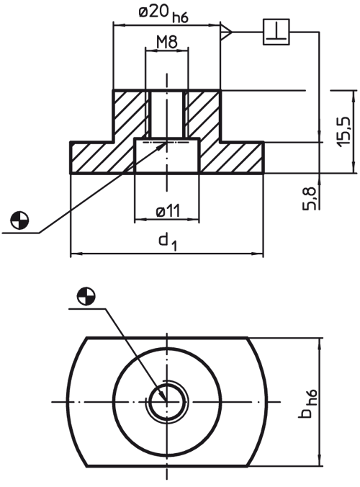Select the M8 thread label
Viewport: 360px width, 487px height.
[x=167, y=42]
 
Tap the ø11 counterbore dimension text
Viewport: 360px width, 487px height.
[x=168, y=211]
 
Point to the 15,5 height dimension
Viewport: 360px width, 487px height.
[x=344, y=132]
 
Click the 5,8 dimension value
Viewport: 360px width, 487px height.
[x=310, y=199]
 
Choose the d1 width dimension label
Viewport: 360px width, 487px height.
[x=168, y=241]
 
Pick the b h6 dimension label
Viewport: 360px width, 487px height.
[x=308, y=403]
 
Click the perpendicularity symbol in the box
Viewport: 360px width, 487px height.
[x=276, y=32]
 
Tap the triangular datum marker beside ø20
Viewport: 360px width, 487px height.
[x=225, y=32]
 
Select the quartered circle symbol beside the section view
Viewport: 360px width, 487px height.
[x=19, y=221]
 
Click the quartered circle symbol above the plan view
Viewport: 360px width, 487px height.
[x=86, y=296]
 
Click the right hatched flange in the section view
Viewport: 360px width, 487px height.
[x=232, y=157]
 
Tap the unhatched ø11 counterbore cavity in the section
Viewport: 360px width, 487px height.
[x=167, y=156]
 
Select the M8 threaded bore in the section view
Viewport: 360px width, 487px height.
[x=167, y=114]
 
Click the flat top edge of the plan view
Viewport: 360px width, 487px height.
[x=167, y=337]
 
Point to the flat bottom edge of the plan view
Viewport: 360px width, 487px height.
[x=167, y=466]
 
